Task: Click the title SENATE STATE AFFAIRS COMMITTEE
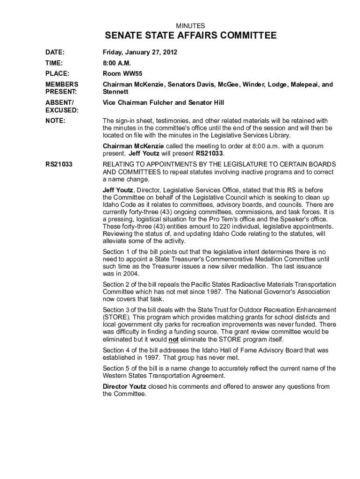pos(190,36)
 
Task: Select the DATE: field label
pos(55,52)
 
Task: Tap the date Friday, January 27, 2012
pos(140,52)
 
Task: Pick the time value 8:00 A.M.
pos(116,63)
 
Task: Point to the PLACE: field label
pos(57,73)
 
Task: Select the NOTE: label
pos(55,121)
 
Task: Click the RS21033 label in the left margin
pos(58,165)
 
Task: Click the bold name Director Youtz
pos(124,386)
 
